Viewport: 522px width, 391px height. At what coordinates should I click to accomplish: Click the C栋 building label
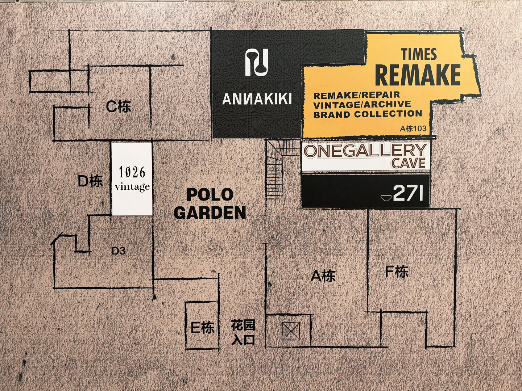[x=119, y=106]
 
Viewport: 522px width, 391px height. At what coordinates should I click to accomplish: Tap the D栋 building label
[x=90, y=181]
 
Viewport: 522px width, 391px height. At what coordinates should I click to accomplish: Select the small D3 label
[x=119, y=251]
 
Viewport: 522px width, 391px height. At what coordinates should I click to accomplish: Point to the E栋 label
[x=203, y=328]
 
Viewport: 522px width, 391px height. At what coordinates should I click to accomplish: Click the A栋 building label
[x=323, y=276]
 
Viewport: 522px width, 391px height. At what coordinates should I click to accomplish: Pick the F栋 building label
[x=397, y=272]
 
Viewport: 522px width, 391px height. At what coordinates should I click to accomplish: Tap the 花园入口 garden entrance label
[x=243, y=333]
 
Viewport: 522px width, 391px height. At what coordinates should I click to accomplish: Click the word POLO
[x=210, y=194]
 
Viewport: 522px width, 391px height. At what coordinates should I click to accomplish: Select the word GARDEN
[x=210, y=213]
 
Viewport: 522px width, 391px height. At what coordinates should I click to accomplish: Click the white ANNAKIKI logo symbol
[x=257, y=62]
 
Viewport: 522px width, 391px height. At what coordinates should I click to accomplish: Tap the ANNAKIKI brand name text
[x=257, y=99]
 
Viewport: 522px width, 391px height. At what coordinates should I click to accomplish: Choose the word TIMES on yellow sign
[x=419, y=54]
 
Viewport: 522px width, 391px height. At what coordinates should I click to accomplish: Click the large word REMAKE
[x=418, y=75]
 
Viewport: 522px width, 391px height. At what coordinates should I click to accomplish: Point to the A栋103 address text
[x=413, y=129]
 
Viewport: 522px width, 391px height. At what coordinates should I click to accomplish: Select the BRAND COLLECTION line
[x=368, y=114]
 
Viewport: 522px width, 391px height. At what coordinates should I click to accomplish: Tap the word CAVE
[x=409, y=163]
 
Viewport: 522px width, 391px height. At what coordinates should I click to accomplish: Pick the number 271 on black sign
[x=408, y=193]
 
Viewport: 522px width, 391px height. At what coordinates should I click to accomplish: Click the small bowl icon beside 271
[x=386, y=198]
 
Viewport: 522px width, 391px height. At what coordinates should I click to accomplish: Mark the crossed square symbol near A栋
[x=291, y=331]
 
